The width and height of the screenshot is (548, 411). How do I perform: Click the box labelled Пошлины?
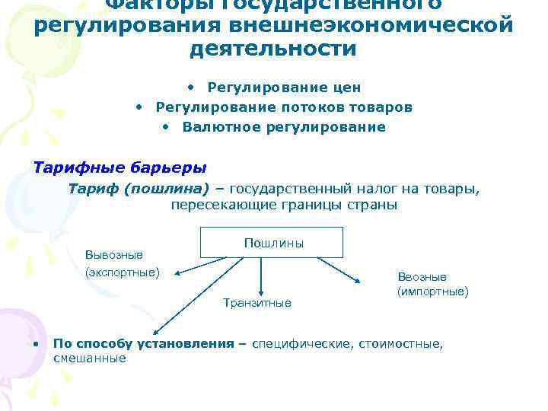272,243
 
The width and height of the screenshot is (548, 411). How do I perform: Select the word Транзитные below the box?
256,303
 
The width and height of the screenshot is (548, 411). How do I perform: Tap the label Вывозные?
114,254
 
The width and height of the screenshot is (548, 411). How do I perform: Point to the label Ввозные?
422,277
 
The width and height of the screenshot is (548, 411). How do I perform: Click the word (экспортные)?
123,272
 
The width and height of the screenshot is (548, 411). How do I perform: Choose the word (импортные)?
432,292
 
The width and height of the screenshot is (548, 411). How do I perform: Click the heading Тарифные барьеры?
119,167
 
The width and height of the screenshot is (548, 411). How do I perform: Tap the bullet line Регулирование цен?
284,88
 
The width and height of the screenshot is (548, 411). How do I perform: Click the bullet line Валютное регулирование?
284,127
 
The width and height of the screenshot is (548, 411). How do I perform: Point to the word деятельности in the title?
273,49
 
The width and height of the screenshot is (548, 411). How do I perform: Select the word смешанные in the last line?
89,358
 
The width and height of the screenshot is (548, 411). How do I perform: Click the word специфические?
301,343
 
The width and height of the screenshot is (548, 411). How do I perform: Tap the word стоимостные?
398,343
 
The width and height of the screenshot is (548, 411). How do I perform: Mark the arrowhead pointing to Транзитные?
261,291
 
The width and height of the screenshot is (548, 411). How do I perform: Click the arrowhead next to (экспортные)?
174,273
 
